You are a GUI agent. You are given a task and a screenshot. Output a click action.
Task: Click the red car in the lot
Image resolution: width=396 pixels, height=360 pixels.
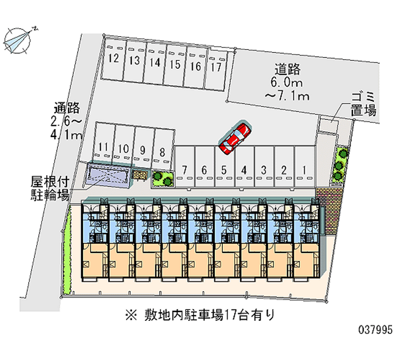point(235,138)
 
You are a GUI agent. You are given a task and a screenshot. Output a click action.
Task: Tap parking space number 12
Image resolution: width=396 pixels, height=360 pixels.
point(113,59)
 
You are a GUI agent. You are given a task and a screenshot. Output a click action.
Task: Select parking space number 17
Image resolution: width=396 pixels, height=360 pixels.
point(215,67)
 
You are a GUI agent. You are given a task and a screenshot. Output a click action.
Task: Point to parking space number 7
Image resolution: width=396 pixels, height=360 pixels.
point(184,170)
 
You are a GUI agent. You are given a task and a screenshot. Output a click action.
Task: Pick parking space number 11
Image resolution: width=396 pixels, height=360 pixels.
point(103,147)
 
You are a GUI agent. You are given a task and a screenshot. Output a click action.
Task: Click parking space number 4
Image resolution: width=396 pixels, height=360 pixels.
point(244,170)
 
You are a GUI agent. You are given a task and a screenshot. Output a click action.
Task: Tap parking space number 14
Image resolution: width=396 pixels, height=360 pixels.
point(155,63)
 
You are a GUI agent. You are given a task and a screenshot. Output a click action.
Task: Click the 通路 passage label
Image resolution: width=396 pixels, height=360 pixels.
point(67,108)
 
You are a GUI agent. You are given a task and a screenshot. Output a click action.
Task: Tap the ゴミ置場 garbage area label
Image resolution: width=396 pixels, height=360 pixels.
point(363,103)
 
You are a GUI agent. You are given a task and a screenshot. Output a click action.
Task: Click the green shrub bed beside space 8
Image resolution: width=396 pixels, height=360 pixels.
point(163,178)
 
